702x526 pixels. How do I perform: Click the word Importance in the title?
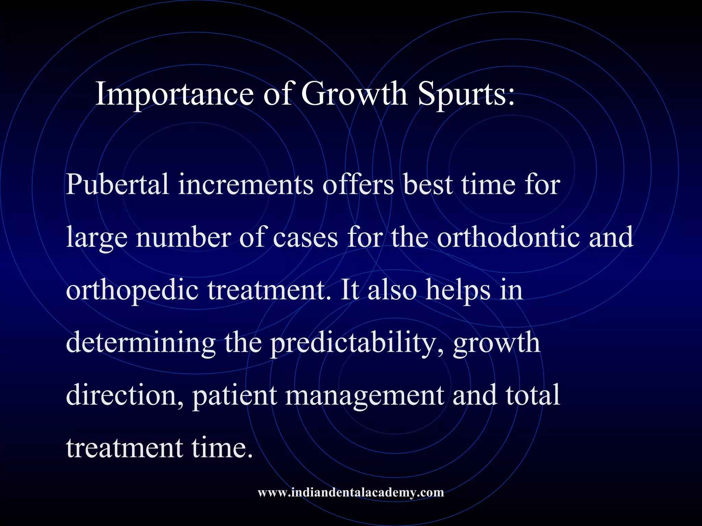click(174, 94)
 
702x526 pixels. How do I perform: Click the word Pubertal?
click(117, 185)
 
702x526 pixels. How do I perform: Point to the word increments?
click(245, 185)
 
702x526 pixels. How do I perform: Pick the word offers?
click(358, 185)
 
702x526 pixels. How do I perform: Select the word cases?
click(305, 238)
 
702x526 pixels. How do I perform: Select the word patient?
click(234, 395)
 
